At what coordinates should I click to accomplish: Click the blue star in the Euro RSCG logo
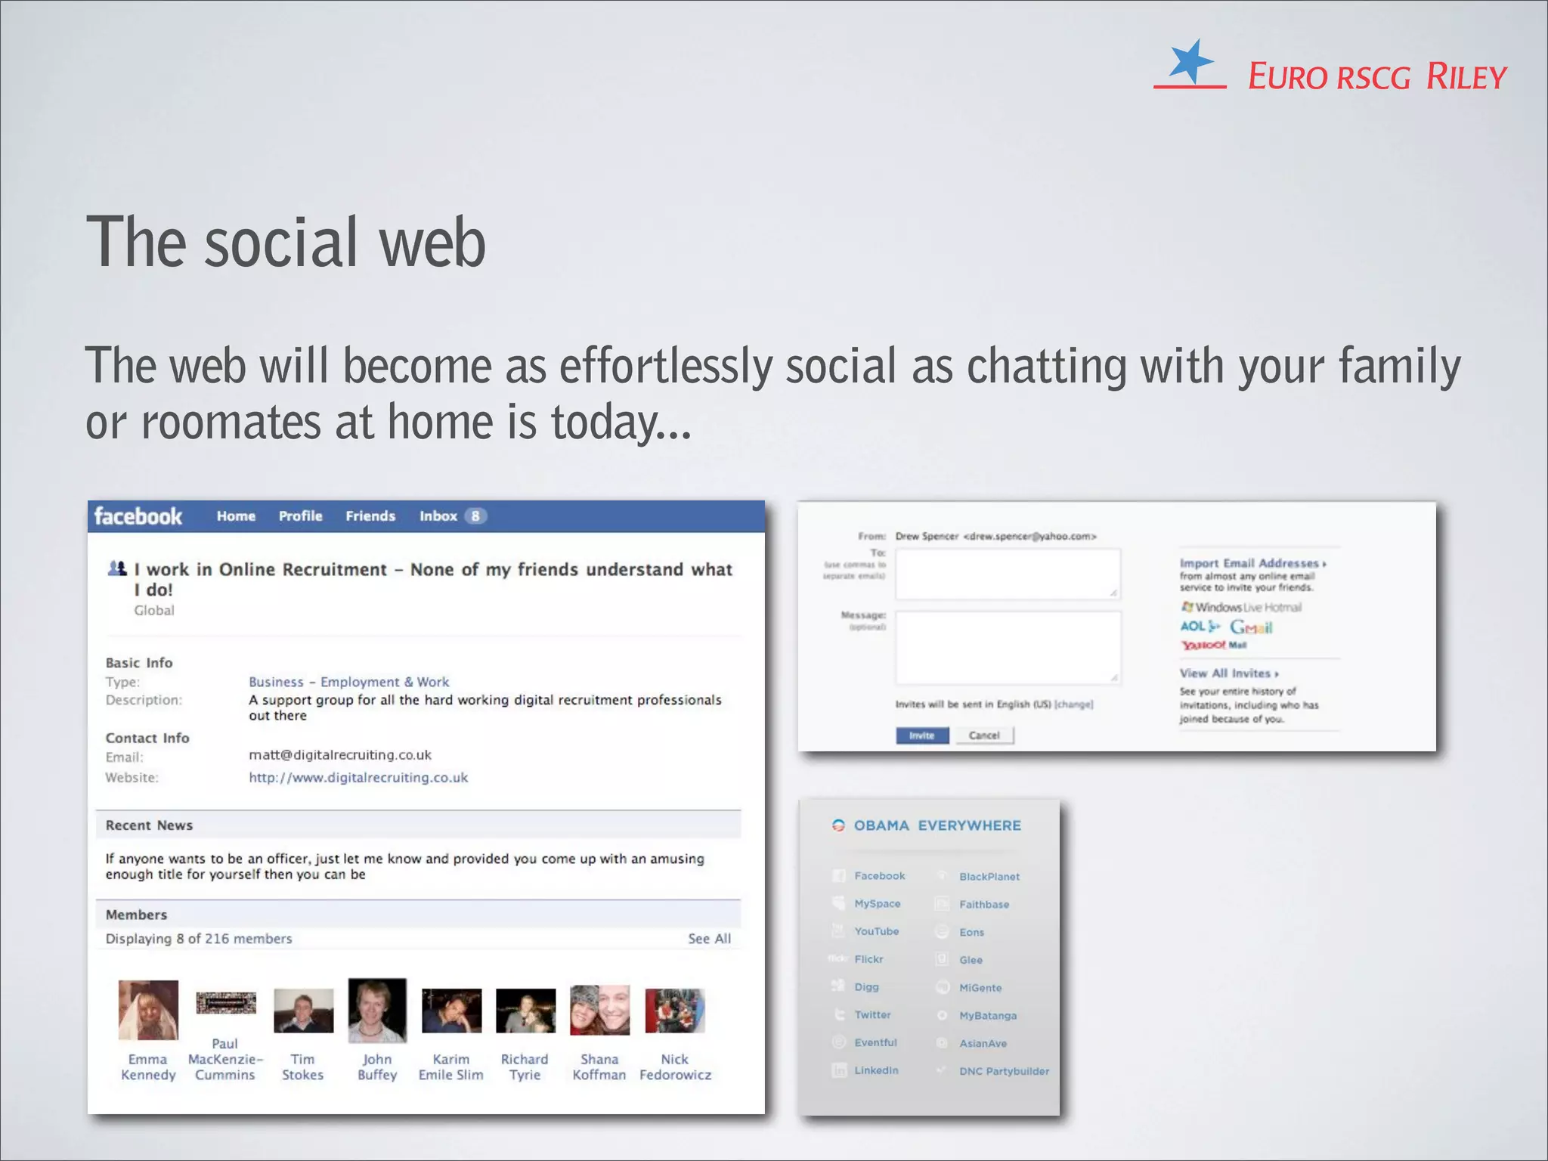[x=1190, y=61]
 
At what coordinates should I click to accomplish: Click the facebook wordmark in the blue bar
[x=138, y=516]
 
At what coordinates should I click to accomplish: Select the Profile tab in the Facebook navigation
[x=300, y=516]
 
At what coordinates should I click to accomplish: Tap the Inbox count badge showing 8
[x=475, y=516]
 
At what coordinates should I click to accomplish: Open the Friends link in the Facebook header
[x=370, y=516]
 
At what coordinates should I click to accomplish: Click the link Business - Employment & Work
[x=348, y=682]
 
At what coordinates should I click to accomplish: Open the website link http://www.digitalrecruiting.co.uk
[x=358, y=778]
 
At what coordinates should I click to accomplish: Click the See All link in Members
[x=709, y=939]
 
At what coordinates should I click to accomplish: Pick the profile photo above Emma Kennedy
[x=148, y=1010]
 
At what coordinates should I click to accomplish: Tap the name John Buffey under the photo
[x=377, y=1067]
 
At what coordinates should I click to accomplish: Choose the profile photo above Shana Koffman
[x=599, y=1010]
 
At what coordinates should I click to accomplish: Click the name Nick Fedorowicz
[x=675, y=1067]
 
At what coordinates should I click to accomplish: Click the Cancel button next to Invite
[x=984, y=735]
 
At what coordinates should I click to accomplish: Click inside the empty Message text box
[x=1007, y=647]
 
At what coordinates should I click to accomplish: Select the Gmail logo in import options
[x=1251, y=627]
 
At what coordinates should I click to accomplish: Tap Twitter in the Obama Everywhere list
[x=872, y=1015]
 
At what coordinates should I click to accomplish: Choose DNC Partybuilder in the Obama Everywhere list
[x=1004, y=1071]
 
